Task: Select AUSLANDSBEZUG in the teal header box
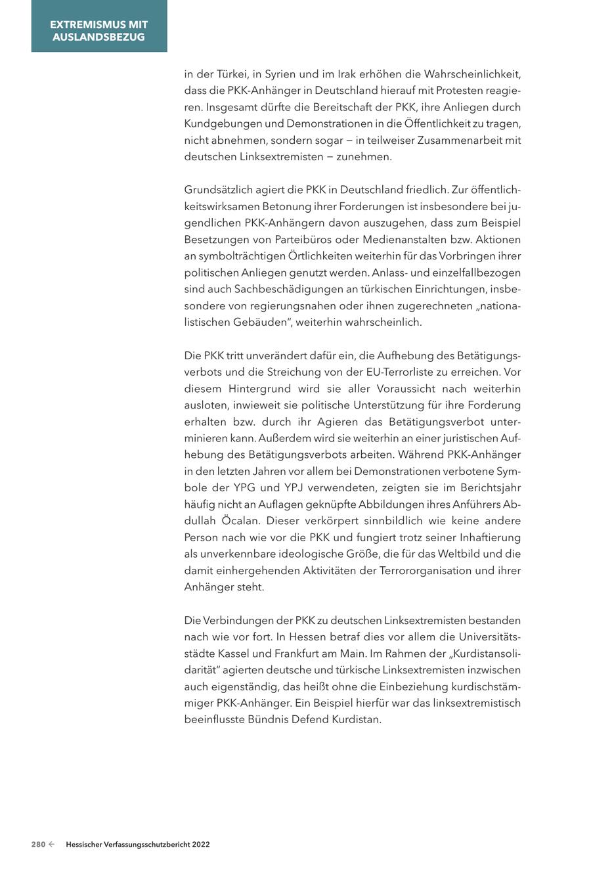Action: [99, 37]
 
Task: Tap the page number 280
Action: [38, 845]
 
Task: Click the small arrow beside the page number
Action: [51, 845]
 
